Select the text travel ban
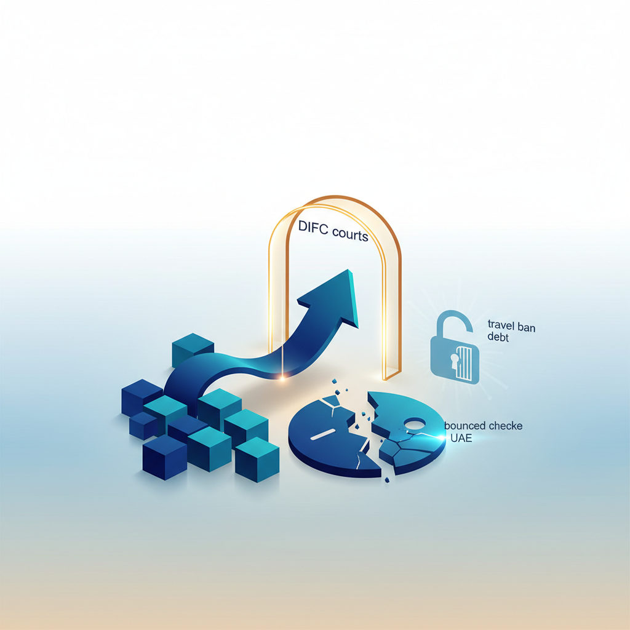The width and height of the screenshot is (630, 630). click(511, 326)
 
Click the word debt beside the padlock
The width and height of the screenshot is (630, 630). click(498, 337)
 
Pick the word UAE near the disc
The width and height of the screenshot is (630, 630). click(461, 438)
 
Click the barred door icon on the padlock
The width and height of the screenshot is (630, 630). click(465, 363)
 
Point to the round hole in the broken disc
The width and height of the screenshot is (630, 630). click(414, 423)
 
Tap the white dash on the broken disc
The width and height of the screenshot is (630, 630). click(323, 434)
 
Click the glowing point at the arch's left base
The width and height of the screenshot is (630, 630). click(282, 377)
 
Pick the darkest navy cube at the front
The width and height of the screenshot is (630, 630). click(165, 457)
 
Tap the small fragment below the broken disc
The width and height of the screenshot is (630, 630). click(387, 479)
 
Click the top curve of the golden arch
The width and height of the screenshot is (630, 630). click(335, 199)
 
